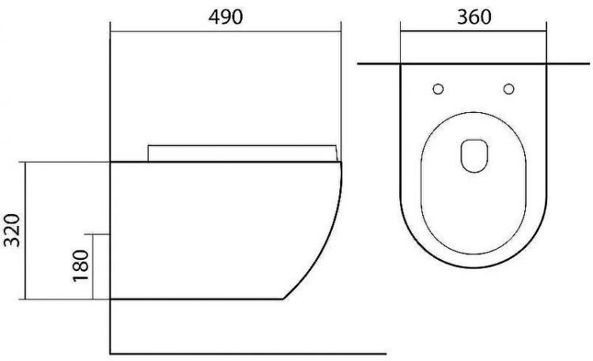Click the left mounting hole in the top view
(439, 88)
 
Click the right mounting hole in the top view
(508, 88)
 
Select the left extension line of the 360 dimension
(401, 43)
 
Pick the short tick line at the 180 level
(101, 235)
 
